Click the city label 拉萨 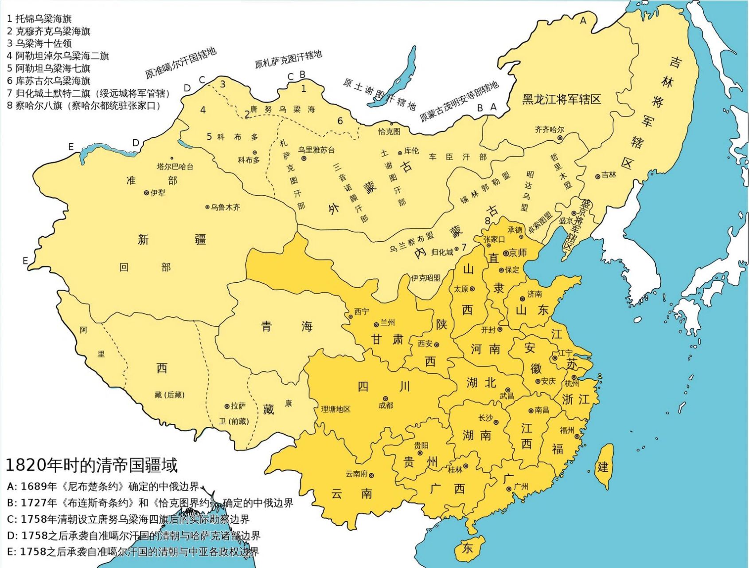click(x=238, y=406)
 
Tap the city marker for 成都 click(x=385, y=399)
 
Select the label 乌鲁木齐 click(x=225, y=207)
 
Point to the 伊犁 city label click(x=158, y=193)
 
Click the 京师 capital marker click(x=506, y=253)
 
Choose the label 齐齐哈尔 click(x=550, y=130)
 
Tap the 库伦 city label click(x=411, y=151)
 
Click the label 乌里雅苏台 click(x=316, y=150)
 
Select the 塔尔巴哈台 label click(x=175, y=167)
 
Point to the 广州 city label click(x=521, y=487)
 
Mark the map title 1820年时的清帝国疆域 click(x=91, y=465)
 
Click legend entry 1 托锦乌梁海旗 click(x=39, y=19)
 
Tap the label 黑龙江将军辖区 click(x=562, y=99)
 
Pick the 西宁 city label click(x=361, y=312)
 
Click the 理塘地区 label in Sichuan click(x=335, y=409)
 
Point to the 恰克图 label click(x=389, y=132)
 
